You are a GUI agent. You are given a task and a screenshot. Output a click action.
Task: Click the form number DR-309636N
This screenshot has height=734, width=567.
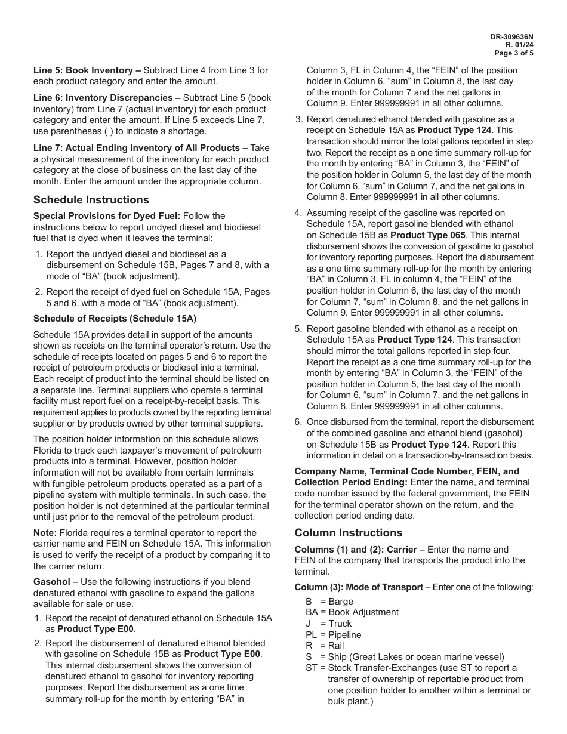coord(511,37)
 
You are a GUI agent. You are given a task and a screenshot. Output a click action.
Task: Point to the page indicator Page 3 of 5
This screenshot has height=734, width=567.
coord(514,53)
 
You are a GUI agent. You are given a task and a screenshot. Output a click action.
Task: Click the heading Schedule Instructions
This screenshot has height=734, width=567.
coord(91,200)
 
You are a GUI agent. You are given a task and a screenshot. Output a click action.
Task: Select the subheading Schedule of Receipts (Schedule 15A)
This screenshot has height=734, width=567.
coord(115,319)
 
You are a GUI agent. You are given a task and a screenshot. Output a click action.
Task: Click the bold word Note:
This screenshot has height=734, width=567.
coord(45,533)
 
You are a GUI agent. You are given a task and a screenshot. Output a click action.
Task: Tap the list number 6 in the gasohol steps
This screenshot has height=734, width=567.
coord(298,422)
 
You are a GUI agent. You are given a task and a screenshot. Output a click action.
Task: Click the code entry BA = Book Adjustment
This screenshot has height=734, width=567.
coord(352,612)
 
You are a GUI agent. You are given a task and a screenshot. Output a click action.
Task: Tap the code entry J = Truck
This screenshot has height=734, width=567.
coord(329,624)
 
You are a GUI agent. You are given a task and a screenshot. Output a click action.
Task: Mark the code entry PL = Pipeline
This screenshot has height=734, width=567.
coord(333,635)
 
